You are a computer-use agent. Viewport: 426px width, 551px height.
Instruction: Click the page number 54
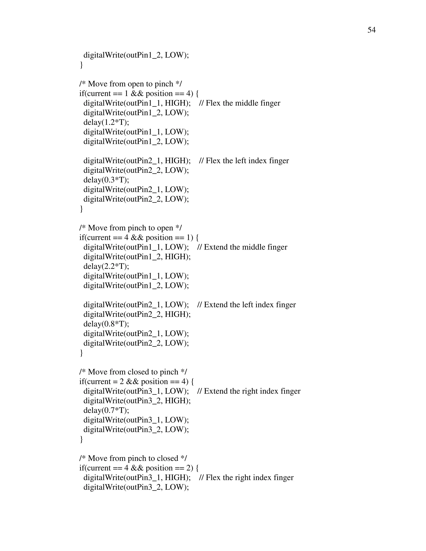(371, 30)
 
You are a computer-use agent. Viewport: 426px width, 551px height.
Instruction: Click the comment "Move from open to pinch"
(130, 84)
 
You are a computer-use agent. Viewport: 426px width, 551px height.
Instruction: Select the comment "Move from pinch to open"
(130, 228)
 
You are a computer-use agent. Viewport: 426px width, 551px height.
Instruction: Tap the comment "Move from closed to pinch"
(133, 372)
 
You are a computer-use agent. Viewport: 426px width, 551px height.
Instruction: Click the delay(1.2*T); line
(106, 122)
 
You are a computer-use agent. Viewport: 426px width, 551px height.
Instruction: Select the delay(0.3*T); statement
(106, 180)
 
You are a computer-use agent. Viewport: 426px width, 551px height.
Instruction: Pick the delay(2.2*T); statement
(106, 266)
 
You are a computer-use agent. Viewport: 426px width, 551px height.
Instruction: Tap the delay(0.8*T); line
(106, 324)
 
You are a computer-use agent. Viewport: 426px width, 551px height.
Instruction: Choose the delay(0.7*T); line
(106, 410)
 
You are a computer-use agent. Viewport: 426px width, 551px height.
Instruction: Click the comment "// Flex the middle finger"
(239, 103)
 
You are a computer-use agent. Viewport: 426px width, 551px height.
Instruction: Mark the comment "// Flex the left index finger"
(244, 161)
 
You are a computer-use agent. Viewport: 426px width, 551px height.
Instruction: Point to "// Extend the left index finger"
(246, 305)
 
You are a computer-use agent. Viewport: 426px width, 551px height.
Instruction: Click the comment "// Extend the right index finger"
(249, 391)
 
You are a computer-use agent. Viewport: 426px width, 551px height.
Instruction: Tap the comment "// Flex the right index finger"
(246, 478)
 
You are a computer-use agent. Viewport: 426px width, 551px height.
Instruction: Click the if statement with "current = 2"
(136, 382)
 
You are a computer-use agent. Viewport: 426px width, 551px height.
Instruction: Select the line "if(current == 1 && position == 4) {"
(139, 94)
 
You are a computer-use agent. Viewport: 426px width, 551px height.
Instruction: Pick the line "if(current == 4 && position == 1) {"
(139, 238)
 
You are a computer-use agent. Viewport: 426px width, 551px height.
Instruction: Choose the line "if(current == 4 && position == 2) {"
(139, 468)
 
